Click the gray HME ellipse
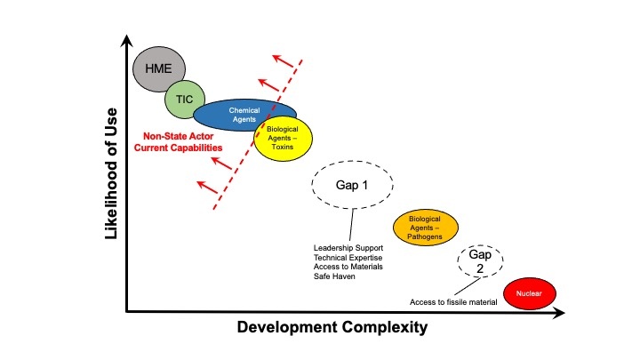tap(159, 68)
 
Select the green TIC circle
tap(185, 100)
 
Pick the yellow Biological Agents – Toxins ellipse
tap(283, 138)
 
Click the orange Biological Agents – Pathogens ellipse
tap(425, 228)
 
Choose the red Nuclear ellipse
tap(530, 293)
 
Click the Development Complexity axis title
tap(332, 327)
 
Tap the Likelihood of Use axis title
tap(110, 173)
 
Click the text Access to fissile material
tap(453, 302)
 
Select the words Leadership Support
tap(348, 248)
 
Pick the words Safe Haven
tap(334, 276)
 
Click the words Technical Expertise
tap(348, 258)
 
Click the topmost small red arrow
tap(284, 60)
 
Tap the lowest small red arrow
tap(208, 188)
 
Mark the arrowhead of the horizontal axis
tap(560, 313)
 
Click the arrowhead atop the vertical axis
tap(127, 40)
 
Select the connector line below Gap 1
tap(351, 225)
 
